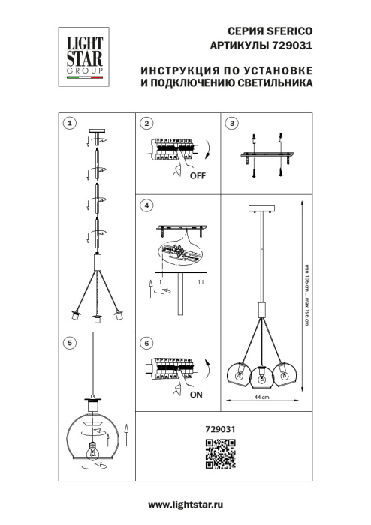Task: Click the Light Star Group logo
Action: point(82,52)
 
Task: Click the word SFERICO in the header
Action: point(288,31)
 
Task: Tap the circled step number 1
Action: point(69,122)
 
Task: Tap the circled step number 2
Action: point(147,122)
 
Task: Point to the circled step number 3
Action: point(232,122)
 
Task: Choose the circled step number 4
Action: point(147,205)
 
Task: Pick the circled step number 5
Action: point(69,342)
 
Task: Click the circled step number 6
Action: point(147,342)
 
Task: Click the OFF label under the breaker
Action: point(198,176)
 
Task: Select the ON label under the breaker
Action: point(197,392)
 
